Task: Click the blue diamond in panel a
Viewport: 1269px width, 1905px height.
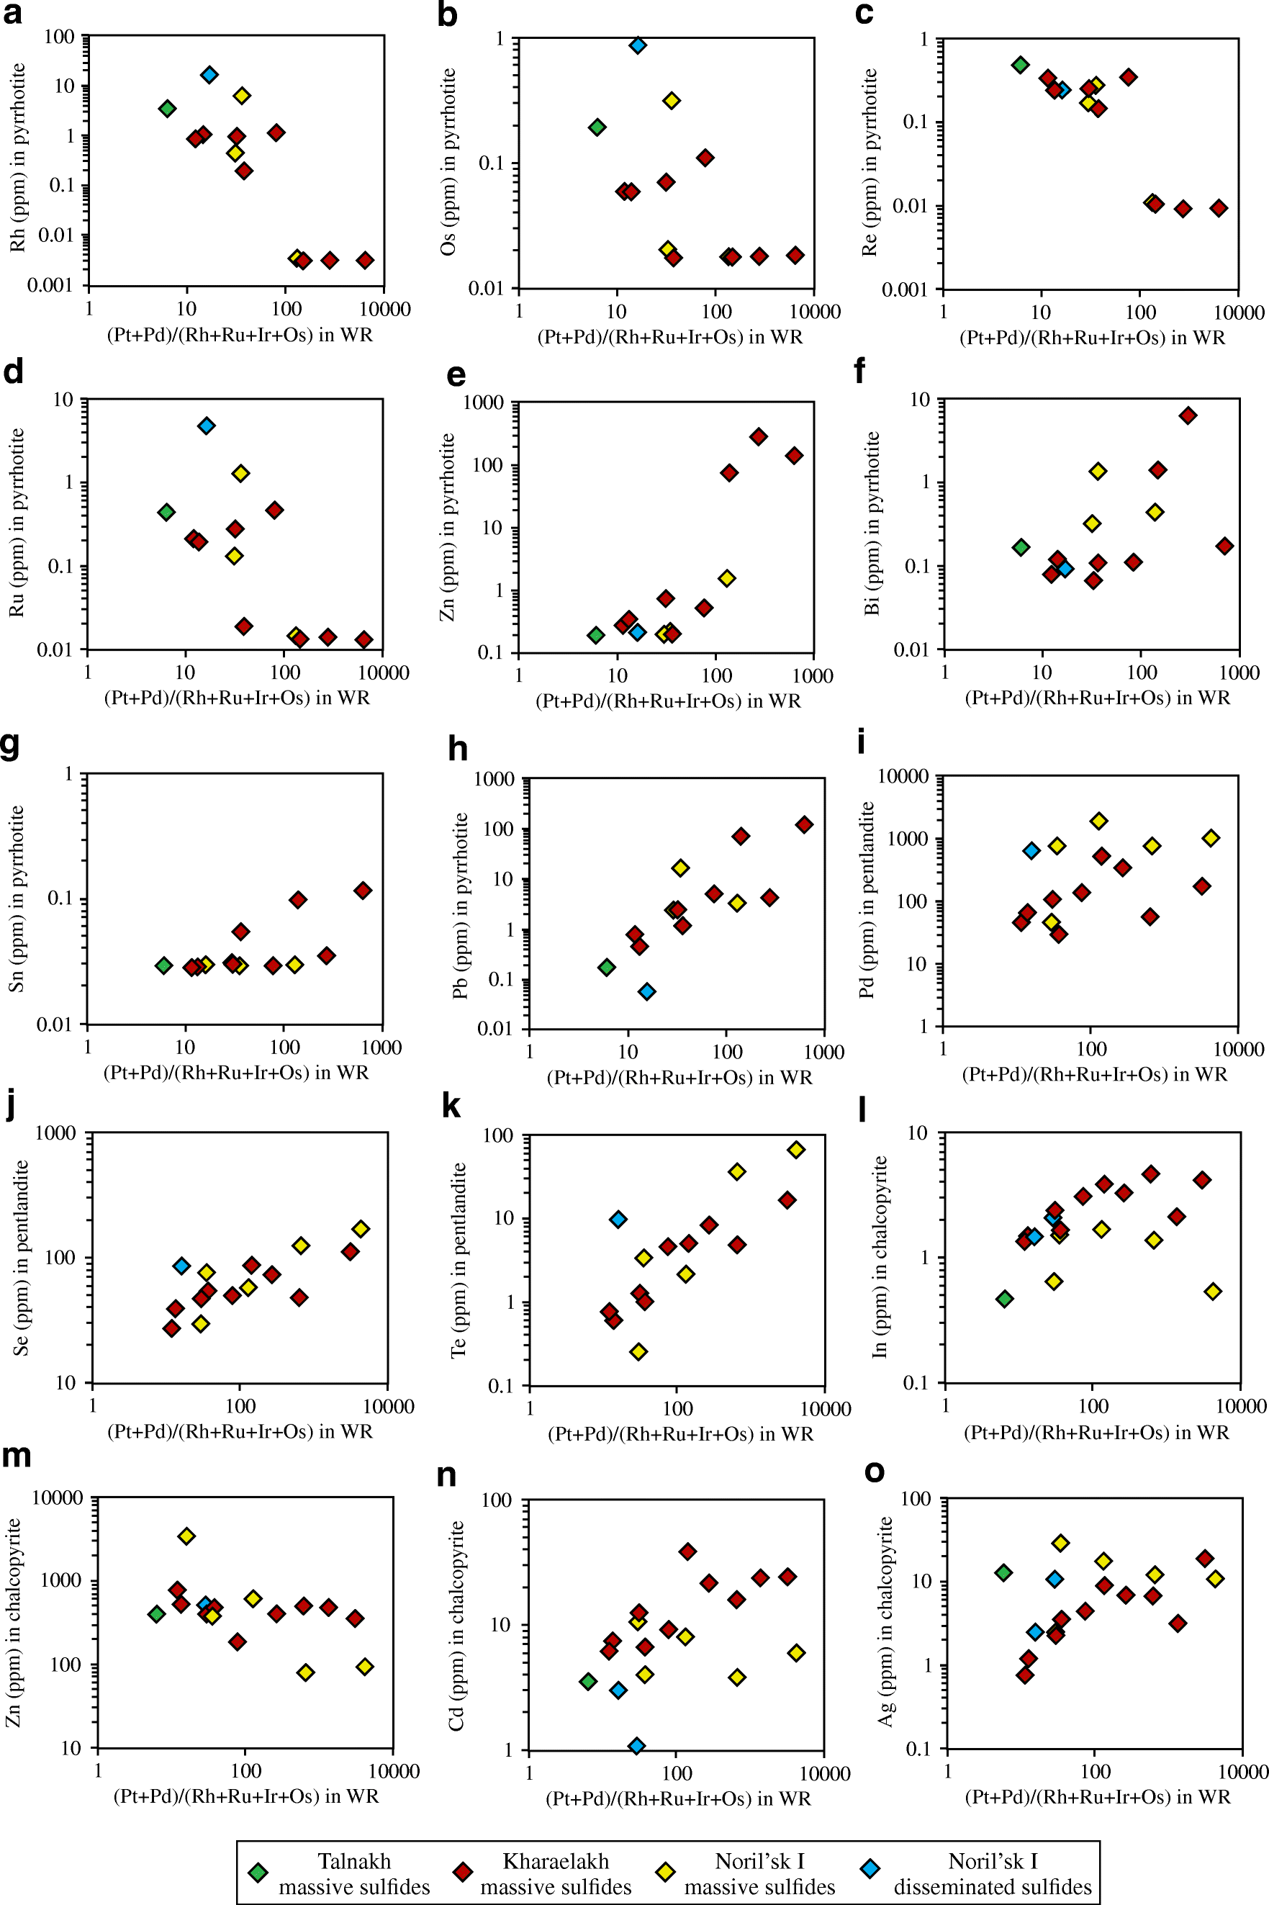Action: pyautogui.click(x=209, y=76)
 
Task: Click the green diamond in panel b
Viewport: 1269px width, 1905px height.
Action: pyautogui.click(x=597, y=127)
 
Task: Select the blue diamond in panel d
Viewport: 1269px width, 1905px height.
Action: pyautogui.click(x=207, y=425)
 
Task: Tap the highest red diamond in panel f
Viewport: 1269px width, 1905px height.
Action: pyautogui.click(x=1187, y=416)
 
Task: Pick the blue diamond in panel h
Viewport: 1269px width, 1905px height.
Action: pyautogui.click(x=646, y=991)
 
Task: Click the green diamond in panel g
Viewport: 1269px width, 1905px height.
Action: pyautogui.click(x=163, y=965)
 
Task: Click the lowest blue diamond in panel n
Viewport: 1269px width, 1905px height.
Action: pyautogui.click(x=637, y=1747)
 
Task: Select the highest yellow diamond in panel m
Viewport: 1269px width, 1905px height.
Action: pyautogui.click(x=186, y=1536)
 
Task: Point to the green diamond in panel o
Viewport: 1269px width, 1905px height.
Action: pyautogui.click(x=1003, y=1572)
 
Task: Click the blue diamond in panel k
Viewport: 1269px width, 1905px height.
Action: pyautogui.click(x=618, y=1220)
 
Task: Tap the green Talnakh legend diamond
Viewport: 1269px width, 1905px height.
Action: pyautogui.click(x=258, y=1872)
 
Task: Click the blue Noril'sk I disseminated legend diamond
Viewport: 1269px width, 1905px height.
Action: pyautogui.click(x=870, y=1870)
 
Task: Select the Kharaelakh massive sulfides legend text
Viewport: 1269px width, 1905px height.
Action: pyautogui.click(x=555, y=1874)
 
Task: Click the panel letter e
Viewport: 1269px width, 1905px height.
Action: pyautogui.click(x=456, y=376)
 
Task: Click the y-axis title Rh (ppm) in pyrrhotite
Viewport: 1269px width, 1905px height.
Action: pyautogui.click(x=18, y=158)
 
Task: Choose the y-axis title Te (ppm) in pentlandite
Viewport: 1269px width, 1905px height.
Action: pyautogui.click(x=458, y=1260)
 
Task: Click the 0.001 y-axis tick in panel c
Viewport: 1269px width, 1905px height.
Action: pyautogui.click(x=905, y=289)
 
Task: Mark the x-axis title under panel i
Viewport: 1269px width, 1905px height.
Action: pyautogui.click(x=1094, y=1074)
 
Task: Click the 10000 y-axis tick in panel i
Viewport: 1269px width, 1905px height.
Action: pyautogui.click(x=903, y=777)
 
